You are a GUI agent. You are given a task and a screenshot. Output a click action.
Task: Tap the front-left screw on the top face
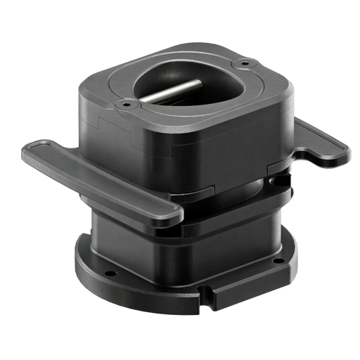point(127,103)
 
